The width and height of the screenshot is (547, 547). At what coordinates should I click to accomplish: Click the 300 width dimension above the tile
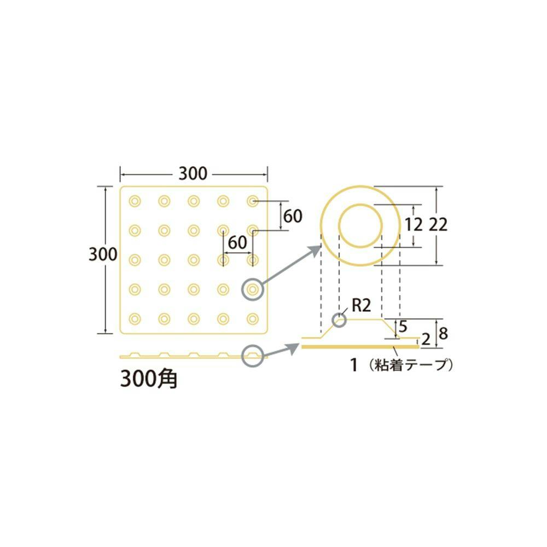click(193, 173)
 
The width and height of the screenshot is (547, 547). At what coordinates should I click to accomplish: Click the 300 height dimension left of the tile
click(103, 254)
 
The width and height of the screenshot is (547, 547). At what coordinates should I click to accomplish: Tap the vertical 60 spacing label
click(293, 216)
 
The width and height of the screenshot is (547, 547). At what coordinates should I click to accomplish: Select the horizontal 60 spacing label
click(237, 242)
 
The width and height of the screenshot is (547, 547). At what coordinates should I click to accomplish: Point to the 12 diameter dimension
click(414, 225)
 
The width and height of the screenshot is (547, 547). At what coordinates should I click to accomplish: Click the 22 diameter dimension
click(438, 225)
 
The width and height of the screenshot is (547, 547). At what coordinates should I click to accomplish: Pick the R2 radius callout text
click(361, 306)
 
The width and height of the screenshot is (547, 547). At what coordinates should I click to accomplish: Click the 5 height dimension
click(403, 327)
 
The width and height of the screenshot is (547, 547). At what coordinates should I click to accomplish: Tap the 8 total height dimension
click(443, 333)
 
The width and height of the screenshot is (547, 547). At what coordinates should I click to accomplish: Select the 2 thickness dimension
click(426, 340)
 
